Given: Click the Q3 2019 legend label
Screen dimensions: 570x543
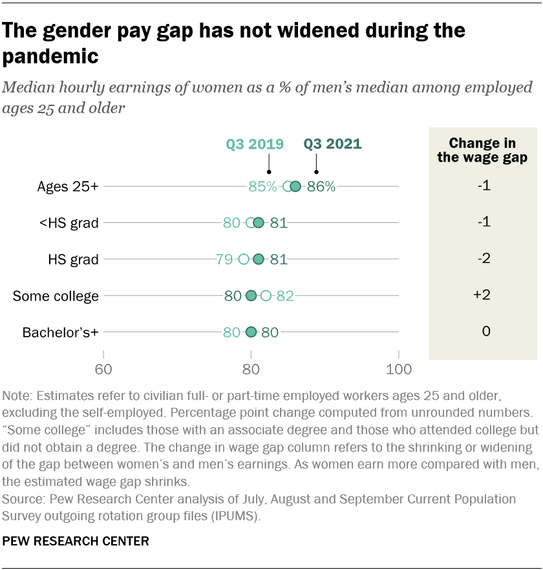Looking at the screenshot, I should [x=255, y=144].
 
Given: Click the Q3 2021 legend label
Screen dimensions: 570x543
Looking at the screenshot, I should [x=333, y=144].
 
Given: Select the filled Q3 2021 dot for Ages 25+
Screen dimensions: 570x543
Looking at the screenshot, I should [x=295, y=187].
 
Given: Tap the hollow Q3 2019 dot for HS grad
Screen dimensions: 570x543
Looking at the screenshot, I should [x=244, y=260].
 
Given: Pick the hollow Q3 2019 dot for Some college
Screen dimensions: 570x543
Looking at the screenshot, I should [x=266, y=296].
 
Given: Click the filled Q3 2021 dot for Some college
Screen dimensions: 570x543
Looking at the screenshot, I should [x=251, y=296].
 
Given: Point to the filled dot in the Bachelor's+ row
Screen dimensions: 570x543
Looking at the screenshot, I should [x=251, y=332].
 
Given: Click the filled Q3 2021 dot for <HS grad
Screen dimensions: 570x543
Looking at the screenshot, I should [x=259, y=223].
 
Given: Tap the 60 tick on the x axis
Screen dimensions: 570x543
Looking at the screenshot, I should [x=103, y=370].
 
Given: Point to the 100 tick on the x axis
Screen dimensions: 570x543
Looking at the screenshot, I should [x=399, y=370].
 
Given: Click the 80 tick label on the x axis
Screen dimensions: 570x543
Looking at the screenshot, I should [x=251, y=370].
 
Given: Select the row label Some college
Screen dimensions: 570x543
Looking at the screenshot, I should [x=56, y=297].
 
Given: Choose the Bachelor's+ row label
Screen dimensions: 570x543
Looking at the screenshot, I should [x=61, y=333].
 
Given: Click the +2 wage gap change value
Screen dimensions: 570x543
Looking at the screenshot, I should [x=482, y=295].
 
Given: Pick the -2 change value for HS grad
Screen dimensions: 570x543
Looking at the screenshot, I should [x=483, y=259].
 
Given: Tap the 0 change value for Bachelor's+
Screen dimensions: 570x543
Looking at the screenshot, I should [x=486, y=332].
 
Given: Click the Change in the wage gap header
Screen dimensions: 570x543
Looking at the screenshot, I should [x=482, y=150].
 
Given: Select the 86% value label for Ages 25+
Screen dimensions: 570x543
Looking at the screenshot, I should [x=321, y=187].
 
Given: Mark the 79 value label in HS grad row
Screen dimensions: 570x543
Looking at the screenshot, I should [x=224, y=260].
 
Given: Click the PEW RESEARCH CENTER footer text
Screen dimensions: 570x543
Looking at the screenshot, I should [x=76, y=541].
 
